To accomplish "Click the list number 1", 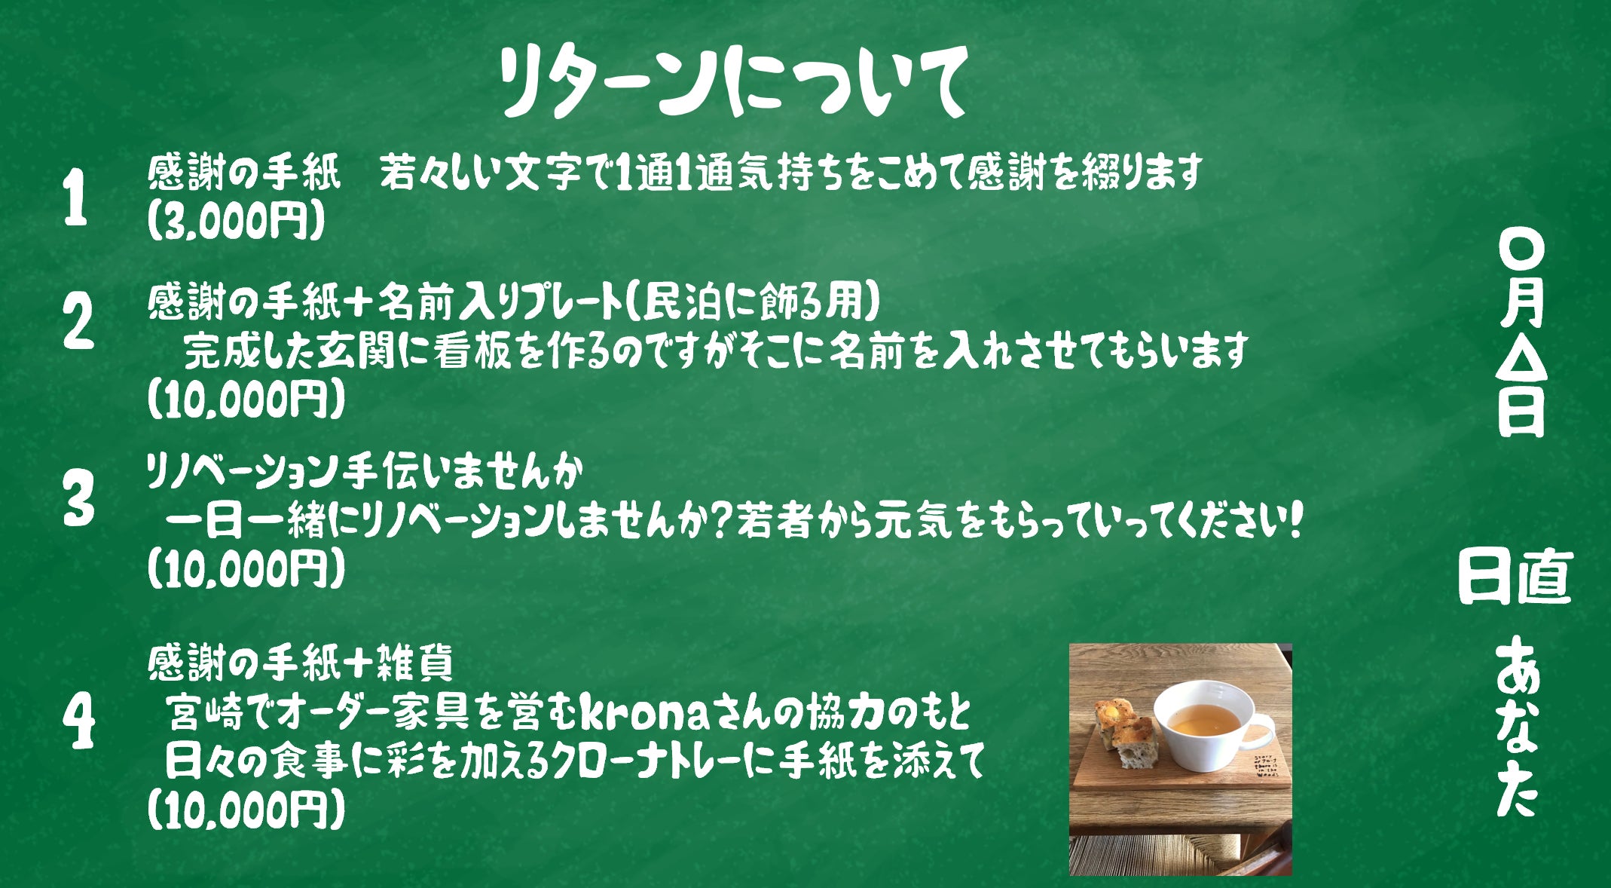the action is click(75, 198).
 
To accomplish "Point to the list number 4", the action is click(79, 721).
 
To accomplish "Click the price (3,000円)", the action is click(236, 221).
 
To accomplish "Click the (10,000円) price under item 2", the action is click(246, 399).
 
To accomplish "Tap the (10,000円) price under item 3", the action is click(246, 568).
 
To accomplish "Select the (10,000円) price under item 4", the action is click(246, 810).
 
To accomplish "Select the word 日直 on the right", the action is click(1515, 577).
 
